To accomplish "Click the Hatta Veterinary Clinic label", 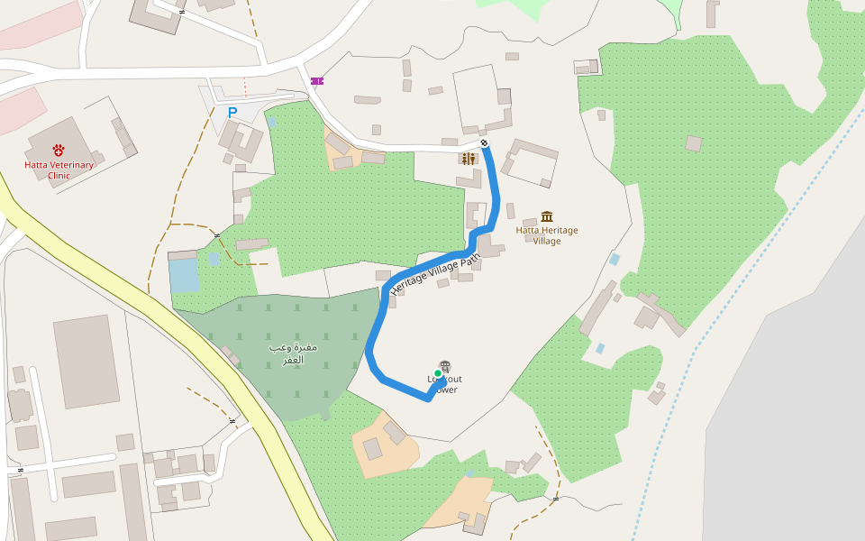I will point(59,170).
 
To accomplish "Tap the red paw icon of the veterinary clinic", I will point(59,150).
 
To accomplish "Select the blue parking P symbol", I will point(232,113).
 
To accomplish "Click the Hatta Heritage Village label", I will point(547,235).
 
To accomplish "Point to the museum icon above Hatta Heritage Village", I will point(547,216).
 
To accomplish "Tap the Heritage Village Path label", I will point(436,273).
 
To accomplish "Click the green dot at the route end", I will point(438,373).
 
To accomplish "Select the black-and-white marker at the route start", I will point(485,142).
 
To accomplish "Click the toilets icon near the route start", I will point(468,159).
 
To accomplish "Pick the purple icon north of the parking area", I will point(317,81).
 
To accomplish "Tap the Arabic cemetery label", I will point(293,353).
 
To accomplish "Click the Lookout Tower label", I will point(445,385).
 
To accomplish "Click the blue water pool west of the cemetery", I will point(184,275).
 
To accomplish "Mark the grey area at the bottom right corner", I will point(793,451).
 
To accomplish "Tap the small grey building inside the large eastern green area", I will point(694,143).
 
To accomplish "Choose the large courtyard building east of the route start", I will point(532,162).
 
